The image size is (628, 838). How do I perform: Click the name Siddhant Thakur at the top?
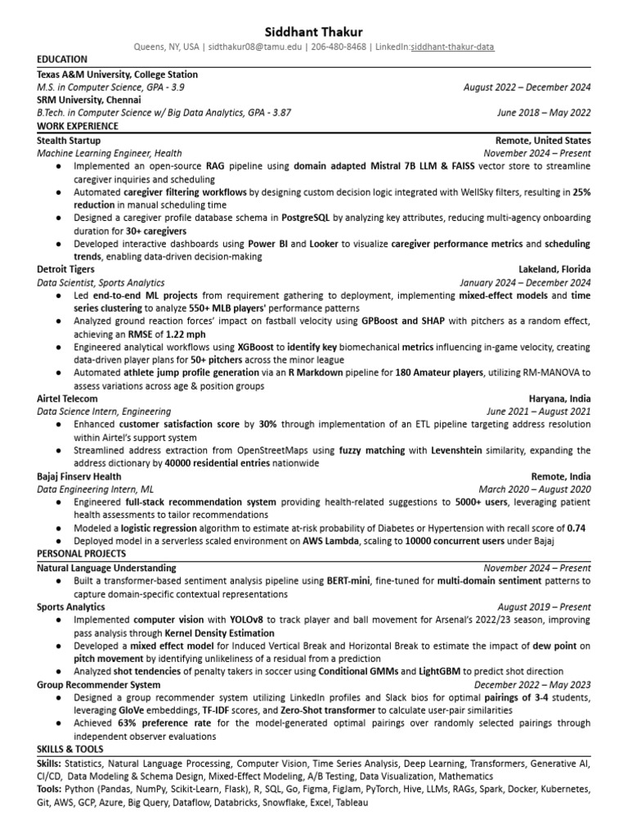coord(314,30)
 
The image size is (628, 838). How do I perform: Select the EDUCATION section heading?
coord(63,60)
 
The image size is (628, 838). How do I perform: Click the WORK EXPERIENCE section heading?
coord(78,126)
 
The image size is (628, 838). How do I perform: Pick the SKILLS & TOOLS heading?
coord(70,750)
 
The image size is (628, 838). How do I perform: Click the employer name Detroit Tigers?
coord(65,268)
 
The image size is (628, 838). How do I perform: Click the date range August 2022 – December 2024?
coord(527,88)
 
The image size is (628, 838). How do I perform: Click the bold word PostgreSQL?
coord(306,219)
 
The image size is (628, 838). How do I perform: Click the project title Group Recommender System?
coord(98,684)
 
